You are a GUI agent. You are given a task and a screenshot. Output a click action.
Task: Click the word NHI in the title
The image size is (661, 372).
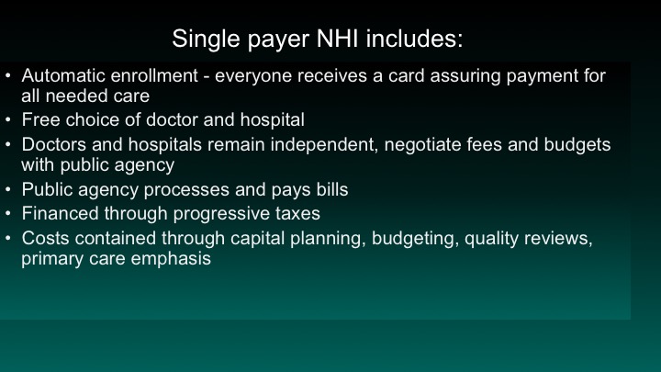click(x=337, y=39)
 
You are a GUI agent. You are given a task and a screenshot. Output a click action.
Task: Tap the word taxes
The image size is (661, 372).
click(x=297, y=214)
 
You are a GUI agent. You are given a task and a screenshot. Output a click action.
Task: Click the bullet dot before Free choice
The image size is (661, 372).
click(x=8, y=120)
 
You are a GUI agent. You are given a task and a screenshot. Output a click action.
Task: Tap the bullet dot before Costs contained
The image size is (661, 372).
click(x=8, y=238)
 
